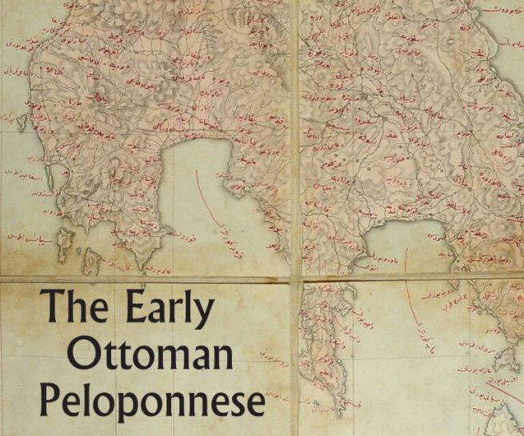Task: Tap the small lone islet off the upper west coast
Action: tap(22, 122)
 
